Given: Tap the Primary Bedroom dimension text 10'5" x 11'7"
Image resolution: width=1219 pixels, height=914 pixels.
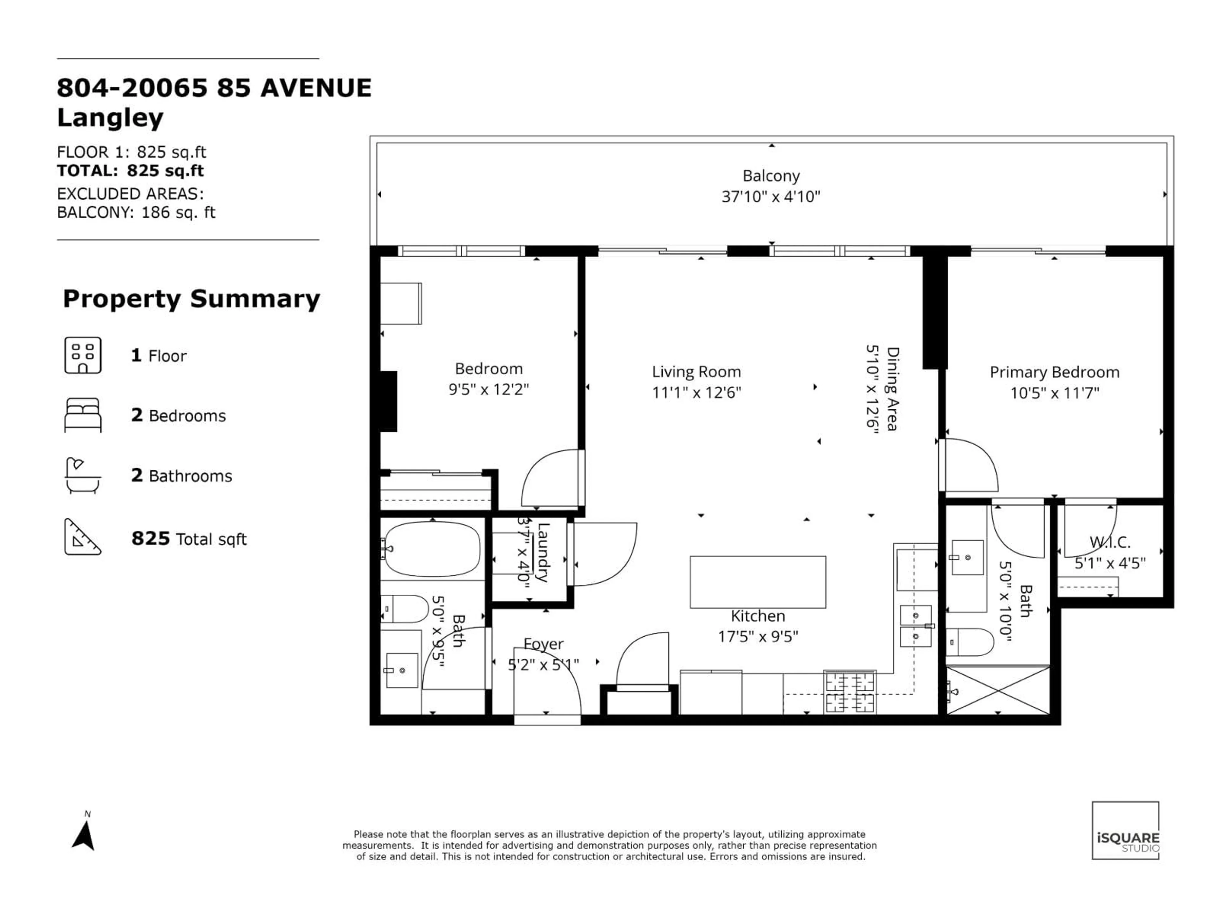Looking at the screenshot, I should [1054, 393].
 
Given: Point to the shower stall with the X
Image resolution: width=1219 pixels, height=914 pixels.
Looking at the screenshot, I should [998, 690].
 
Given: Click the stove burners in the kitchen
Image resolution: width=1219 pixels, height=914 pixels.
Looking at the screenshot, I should [849, 692].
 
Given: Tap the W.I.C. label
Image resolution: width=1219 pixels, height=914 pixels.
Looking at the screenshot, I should [1110, 543].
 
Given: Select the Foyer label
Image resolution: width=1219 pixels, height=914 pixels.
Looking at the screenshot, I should [543, 644].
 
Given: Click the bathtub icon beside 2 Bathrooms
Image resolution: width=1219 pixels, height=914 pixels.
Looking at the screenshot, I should [83, 475].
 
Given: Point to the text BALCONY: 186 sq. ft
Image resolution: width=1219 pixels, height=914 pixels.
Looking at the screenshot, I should [136, 213].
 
